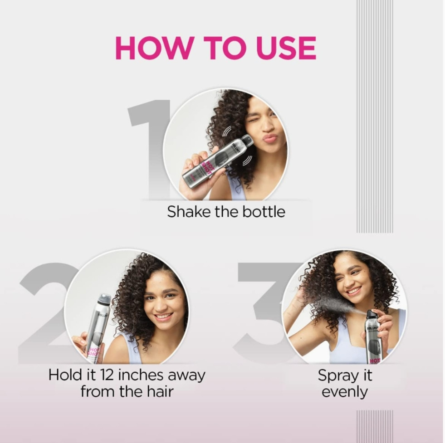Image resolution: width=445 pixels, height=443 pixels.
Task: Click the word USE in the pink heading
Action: pos(285,48)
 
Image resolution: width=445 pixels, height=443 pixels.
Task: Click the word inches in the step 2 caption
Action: pos(141,375)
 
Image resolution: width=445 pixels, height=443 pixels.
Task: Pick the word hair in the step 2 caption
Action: pos(160,392)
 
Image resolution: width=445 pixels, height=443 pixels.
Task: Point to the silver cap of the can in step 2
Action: pos(104,299)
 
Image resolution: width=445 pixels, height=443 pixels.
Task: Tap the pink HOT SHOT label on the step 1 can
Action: pos(206,167)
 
